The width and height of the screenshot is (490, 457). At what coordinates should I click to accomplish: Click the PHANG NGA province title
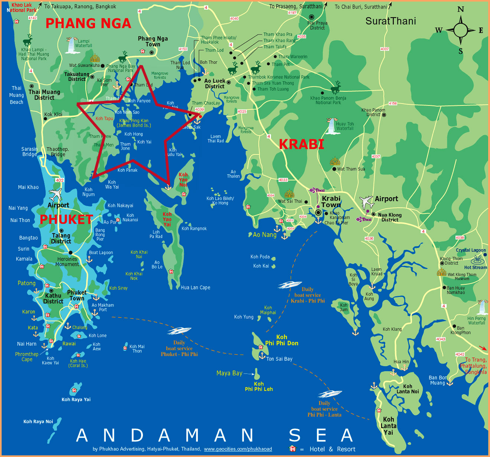point(88,23)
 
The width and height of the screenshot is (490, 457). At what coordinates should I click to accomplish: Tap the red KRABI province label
point(301,144)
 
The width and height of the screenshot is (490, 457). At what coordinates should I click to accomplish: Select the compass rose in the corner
point(460,30)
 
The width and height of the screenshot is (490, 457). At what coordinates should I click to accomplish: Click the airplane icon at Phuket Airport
point(55,195)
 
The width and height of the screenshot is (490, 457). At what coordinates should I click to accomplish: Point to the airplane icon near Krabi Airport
point(366,202)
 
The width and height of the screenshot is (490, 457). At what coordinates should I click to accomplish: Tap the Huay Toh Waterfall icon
point(331,126)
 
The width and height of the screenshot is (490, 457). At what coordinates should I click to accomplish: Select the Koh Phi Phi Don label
point(282,340)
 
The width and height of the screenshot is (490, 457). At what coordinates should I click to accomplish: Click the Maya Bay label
point(229,373)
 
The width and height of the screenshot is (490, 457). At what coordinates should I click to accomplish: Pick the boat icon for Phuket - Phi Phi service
point(179,330)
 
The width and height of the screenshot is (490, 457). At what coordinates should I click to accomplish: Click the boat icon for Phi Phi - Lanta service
point(330,394)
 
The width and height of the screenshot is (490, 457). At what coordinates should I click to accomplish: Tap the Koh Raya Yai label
point(76,399)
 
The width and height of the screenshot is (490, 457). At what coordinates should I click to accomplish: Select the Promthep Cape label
point(27,357)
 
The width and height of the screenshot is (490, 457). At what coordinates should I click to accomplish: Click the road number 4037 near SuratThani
point(385,49)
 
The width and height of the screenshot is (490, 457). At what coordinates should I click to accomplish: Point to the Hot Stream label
point(476,267)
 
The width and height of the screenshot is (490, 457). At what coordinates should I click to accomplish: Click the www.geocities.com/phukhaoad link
point(238,449)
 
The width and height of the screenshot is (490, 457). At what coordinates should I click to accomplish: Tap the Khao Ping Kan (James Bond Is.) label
point(134,123)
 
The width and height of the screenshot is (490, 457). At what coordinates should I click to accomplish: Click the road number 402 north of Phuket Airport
point(59,180)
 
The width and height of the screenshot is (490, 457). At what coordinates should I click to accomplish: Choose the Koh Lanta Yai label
point(388,426)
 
